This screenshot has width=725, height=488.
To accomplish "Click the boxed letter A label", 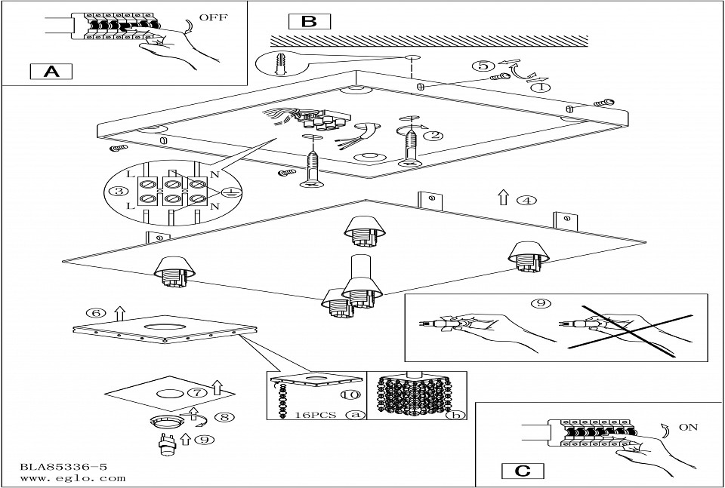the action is tap(51, 72).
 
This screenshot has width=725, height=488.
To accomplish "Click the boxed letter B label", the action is tap(310, 22).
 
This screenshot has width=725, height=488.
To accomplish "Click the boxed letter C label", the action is tap(523, 471).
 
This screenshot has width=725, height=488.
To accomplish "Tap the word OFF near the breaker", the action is tap(214, 18).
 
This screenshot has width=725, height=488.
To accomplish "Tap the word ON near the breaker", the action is tap(688, 428).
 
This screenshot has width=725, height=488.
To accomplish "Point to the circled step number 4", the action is tap(526, 201).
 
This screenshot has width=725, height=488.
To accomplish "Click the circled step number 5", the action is tap(483, 66).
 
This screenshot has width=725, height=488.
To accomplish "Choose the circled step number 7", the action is tap(197, 393).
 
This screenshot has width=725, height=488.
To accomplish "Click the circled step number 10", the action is tap(350, 395).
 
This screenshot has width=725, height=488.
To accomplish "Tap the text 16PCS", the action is tap(316, 415).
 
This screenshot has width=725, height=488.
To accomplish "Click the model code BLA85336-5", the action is tap(63, 467).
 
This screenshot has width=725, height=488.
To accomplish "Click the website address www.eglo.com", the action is tap(72, 478).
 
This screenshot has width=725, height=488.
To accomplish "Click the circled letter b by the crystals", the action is tap(456, 415).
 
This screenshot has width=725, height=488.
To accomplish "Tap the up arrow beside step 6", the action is tap(119, 313).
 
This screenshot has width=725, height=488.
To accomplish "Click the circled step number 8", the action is tap(225, 417).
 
